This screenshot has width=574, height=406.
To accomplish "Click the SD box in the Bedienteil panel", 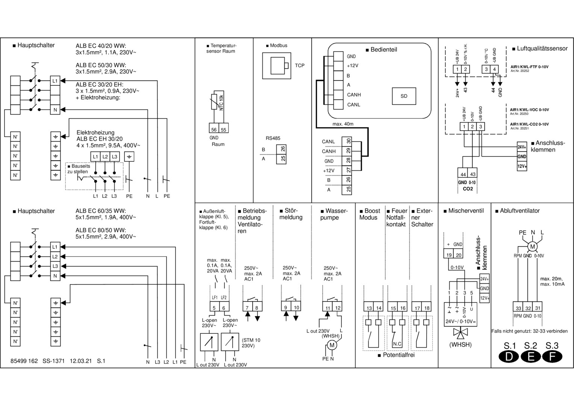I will point(404,96).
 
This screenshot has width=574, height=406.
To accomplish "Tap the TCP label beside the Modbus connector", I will point(300,65).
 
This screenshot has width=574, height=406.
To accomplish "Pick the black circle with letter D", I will point(509,356).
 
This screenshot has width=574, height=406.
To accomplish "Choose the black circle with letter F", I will point(552,356).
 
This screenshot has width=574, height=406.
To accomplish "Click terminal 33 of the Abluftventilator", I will point(518,308).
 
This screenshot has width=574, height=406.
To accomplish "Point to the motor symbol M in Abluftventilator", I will point(532,247).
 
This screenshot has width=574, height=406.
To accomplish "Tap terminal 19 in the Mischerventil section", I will point(449,255).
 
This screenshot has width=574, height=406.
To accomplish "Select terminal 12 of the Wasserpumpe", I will point(338,308).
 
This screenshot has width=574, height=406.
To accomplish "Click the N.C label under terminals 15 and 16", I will point(397,344).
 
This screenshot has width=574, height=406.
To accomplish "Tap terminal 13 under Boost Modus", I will point(369,308).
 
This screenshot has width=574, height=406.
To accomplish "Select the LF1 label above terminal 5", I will point(215,297).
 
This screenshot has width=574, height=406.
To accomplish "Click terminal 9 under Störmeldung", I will point(286,307).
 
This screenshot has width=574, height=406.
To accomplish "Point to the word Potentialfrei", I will point(398,355).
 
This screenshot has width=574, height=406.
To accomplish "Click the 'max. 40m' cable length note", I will point(343,124).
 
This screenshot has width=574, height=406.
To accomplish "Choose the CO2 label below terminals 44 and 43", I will point(467,189).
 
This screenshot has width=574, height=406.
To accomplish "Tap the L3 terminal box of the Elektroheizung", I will point(114,156).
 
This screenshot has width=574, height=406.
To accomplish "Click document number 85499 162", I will point(24,361).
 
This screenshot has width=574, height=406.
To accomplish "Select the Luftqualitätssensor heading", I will point(542,48).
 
